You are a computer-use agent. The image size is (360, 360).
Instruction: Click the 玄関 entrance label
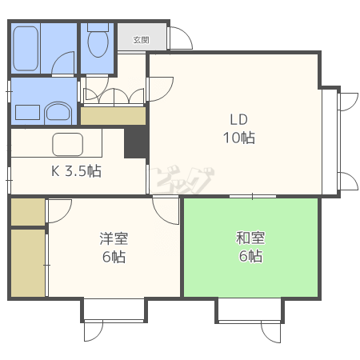click(x=141, y=40)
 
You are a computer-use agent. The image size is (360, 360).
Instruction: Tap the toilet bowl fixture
click(x=98, y=42)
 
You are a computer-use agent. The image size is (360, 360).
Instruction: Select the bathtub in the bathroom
click(x=26, y=49)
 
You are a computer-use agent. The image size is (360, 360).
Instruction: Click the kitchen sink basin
click(x=68, y=144)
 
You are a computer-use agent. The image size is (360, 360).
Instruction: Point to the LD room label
click(x=239, y=120)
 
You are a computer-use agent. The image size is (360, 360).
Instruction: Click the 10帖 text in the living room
click(x=239, y=138)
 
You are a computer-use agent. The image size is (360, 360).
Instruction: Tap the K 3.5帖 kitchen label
click(x=76, y=170)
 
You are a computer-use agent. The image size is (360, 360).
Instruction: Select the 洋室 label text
click(x=114, y=238)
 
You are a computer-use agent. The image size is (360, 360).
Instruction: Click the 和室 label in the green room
click(x=250, y=238)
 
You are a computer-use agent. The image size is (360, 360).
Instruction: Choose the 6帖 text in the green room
click(x=250, y=256)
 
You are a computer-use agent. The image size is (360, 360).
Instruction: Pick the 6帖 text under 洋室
click(x=114, y=257)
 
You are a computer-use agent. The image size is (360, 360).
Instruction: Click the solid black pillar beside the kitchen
click(x=136, y=142)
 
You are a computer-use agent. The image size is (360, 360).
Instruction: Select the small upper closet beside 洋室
click(x=28, y=212)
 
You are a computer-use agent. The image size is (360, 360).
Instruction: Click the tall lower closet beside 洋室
click(x=28, y=263)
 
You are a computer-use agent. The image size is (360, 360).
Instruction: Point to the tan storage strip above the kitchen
click(x=114, y=116)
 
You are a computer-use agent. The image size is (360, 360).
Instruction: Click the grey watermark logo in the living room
click(x=182, y=180)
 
